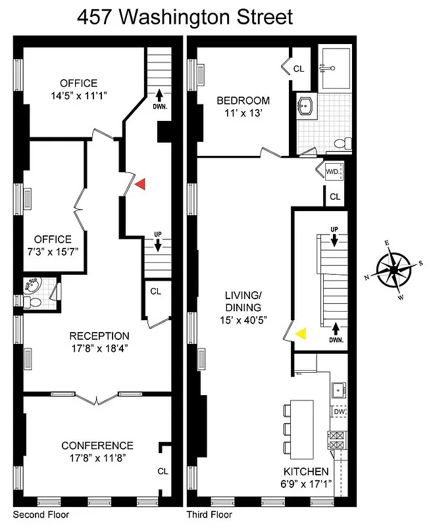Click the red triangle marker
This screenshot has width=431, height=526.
(x=139, y=185)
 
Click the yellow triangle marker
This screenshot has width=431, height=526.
(x=301, y=333)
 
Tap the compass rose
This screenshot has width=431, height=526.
(x=393, y=270)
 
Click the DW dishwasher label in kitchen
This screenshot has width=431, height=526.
(x=340, y=412)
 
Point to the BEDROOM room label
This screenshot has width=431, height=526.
(x=243, y=101)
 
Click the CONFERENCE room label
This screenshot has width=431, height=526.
(x=97, y=445)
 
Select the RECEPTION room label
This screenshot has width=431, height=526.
(x=99, y=336)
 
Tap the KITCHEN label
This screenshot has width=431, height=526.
(x=305, y=471)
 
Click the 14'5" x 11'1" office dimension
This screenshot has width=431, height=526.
(x=78, y=95)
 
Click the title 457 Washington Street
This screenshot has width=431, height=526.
(x=185, y=16)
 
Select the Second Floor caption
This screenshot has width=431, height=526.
(x=41, y=515)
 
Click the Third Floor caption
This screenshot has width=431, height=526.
(x=209, y=515)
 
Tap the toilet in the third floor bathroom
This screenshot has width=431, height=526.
(x=340, y=143)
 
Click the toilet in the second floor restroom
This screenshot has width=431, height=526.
(x=33, y=302)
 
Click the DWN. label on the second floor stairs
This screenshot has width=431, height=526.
(x=159, y=106)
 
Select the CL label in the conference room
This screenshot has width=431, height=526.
(x=163, y=471)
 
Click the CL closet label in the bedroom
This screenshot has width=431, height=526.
(x=299, y=68)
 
